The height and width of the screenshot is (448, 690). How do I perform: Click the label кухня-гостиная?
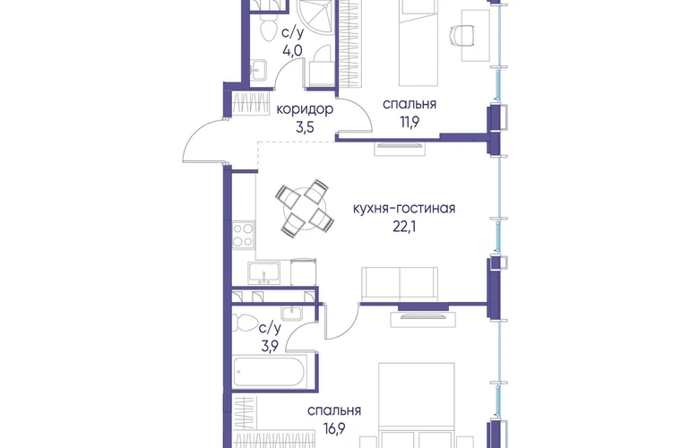[x=404, y=208]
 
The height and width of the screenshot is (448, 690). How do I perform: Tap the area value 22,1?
[x=404, y=227]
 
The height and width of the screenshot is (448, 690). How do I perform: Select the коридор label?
[x=305, y=109]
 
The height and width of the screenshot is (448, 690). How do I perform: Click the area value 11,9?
[x=410, y=122]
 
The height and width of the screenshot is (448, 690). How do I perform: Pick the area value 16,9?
[x=334, y=428]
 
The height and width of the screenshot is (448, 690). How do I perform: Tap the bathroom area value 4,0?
[x=292, y=50]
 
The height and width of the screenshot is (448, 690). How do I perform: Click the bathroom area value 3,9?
[x=270, y=347]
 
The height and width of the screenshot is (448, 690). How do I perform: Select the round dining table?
[x=304, y=209]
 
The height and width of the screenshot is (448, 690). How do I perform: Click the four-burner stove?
[x=243, y=235]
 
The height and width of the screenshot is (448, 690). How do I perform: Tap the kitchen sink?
[x=263, y=273]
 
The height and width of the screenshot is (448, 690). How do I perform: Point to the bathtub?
[x=269, y=373]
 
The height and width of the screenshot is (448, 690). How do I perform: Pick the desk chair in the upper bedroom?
[x=462, y=35]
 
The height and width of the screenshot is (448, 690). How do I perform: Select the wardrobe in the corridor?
[x=250, y=104]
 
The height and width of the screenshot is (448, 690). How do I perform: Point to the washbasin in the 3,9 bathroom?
[x=292, y=313]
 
